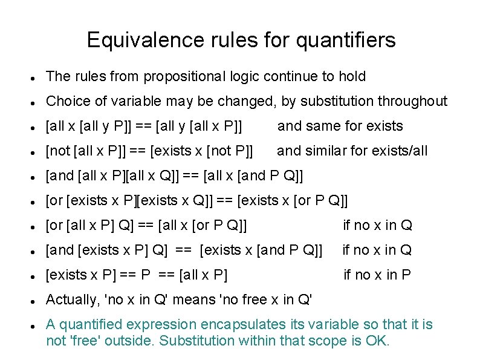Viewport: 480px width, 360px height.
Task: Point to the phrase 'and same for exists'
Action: coord(340,126)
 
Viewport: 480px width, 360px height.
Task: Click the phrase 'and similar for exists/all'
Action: coord(352,151)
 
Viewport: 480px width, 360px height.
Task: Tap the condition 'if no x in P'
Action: coord(377,275)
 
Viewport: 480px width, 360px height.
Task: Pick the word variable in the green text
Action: coord(334,324)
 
